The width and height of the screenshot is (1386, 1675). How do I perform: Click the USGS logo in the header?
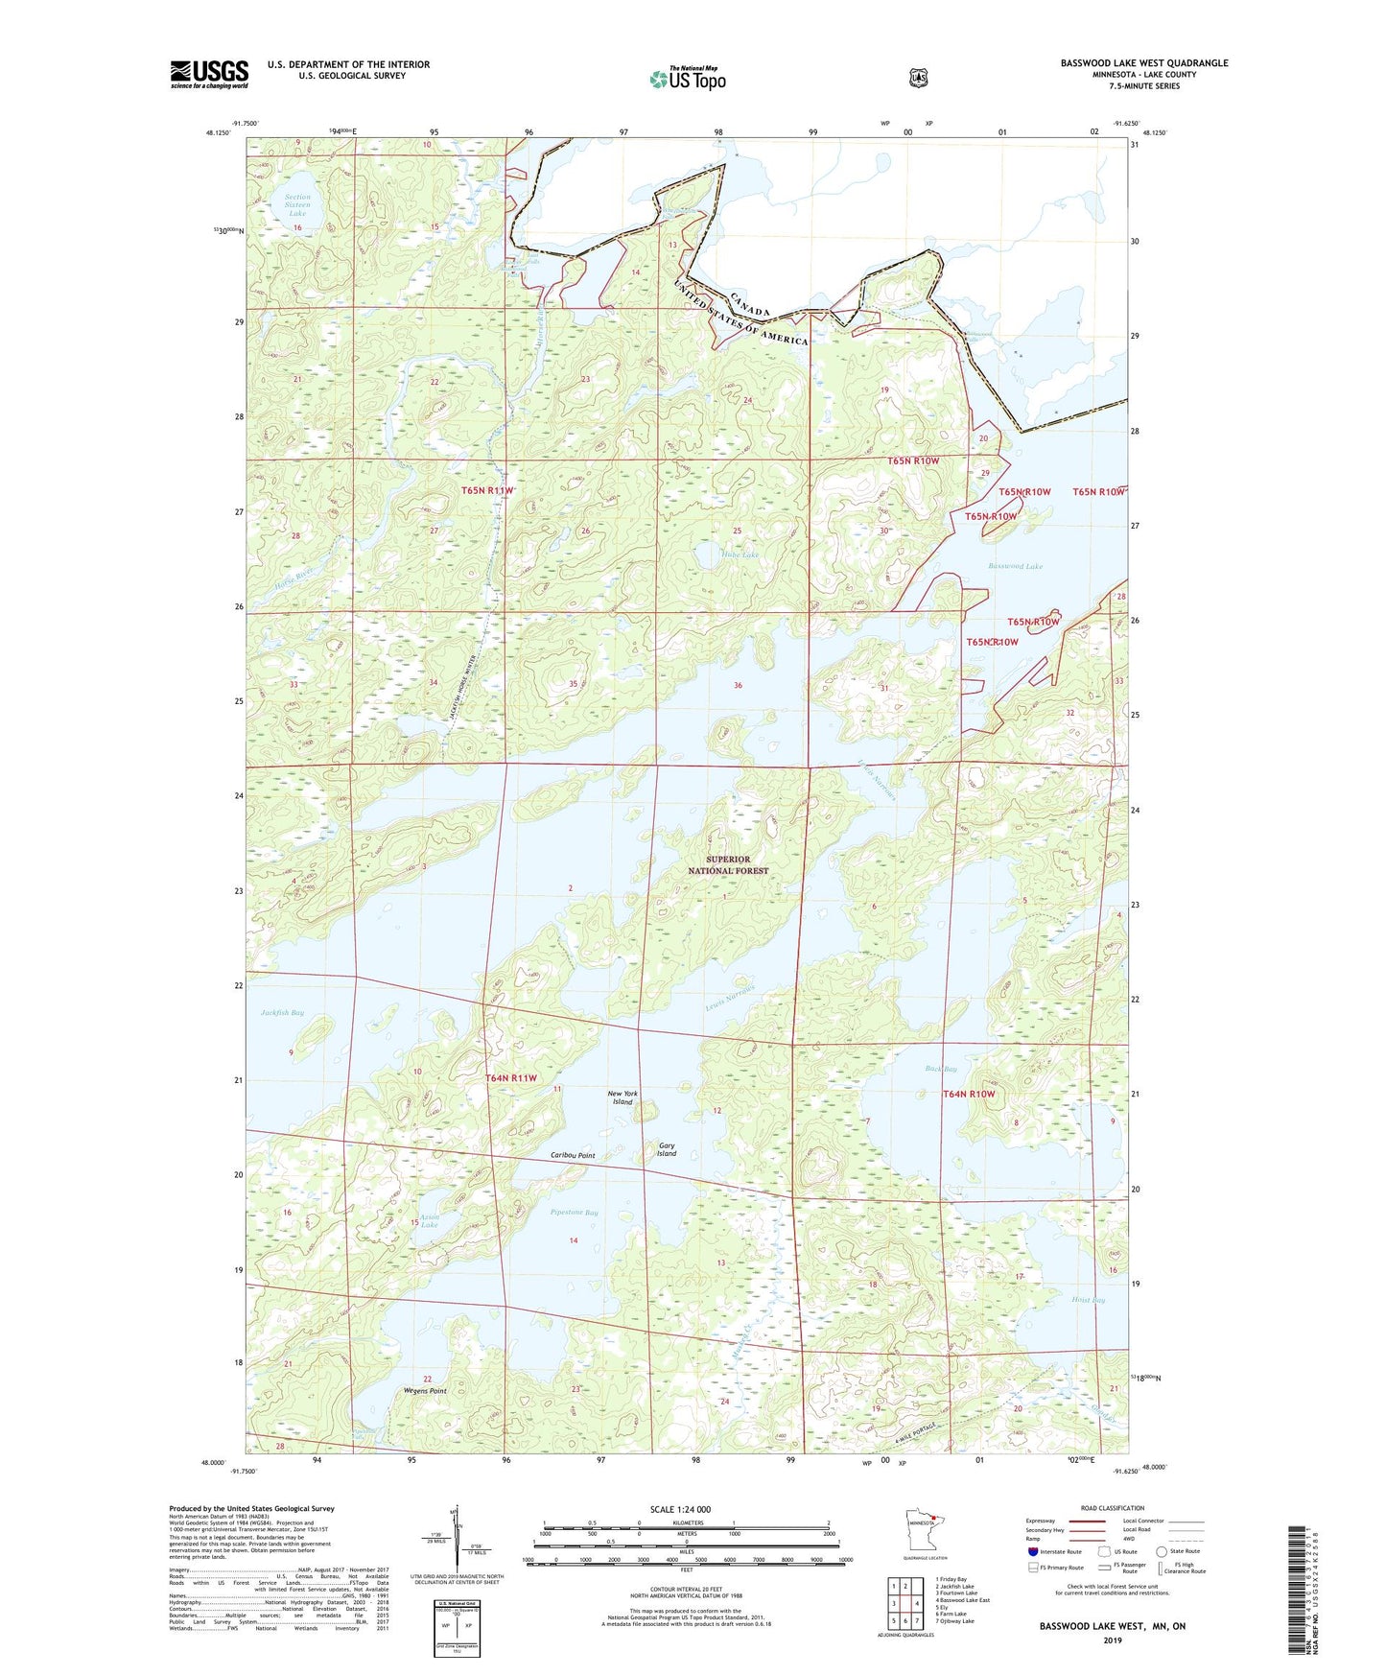tap(209, 74)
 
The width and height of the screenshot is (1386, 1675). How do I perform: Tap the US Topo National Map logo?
tap(687, 79)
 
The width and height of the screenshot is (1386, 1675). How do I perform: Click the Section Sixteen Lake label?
tap(297, 204)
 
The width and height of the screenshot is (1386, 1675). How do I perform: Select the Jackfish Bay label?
tap(282, 1013)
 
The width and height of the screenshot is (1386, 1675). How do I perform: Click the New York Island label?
tap(623, 1097)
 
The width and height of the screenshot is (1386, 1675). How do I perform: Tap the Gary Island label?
tap(666, 1149)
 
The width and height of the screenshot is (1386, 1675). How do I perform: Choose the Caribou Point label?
tap(573, 1155)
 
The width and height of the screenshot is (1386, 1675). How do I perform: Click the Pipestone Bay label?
tap(575, 1213)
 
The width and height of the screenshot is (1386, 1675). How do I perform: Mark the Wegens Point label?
tap(425, 1390)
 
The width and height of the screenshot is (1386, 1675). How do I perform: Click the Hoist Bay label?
tap(1088, 1300)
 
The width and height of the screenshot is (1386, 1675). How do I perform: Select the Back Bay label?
tap(940, 1069)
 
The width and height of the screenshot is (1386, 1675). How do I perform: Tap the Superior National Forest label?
tap(728, 864)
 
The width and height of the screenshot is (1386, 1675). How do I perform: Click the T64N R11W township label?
tap(511, 1078)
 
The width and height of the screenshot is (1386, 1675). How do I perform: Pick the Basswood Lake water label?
tap(1015, 566)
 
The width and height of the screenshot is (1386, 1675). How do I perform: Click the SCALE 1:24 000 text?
tap(680, 1509)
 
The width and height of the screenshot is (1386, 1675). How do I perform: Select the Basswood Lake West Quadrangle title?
tap(1143, 63)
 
